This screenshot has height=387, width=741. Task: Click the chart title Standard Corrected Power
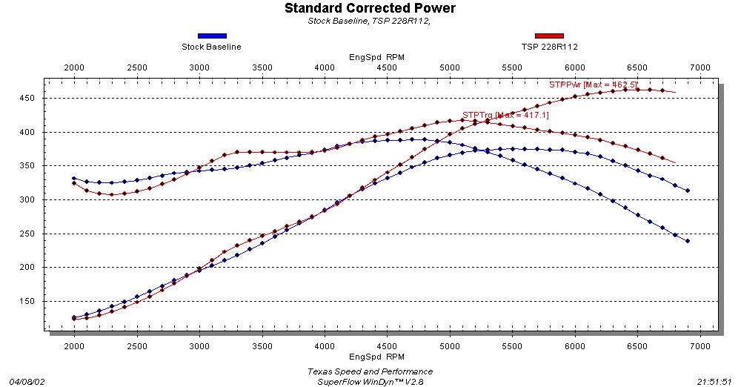(370, 8)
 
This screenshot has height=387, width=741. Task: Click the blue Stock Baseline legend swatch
(212, 36)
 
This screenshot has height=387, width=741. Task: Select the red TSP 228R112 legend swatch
(549, 36)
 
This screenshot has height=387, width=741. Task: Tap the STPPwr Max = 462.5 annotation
(594, 85)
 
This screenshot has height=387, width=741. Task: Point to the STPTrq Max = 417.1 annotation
(505, 115)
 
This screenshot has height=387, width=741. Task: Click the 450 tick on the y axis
(31, 99)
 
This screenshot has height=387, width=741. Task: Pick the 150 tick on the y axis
(31, 301)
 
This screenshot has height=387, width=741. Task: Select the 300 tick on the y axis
(31, 200)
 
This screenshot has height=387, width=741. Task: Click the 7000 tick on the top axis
(700, 68)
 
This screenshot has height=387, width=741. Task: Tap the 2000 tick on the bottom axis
(74, 345)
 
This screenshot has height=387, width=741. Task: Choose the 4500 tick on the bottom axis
(387, 345)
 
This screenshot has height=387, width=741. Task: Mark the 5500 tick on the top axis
(512, 68)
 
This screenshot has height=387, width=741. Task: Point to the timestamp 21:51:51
(715, 381)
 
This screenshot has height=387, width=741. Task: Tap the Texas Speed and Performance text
(370, 371)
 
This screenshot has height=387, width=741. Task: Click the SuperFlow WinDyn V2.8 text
(370, 381)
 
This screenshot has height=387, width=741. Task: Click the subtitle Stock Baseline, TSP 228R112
(369, 21)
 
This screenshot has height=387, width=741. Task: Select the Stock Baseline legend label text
(211, 47)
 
